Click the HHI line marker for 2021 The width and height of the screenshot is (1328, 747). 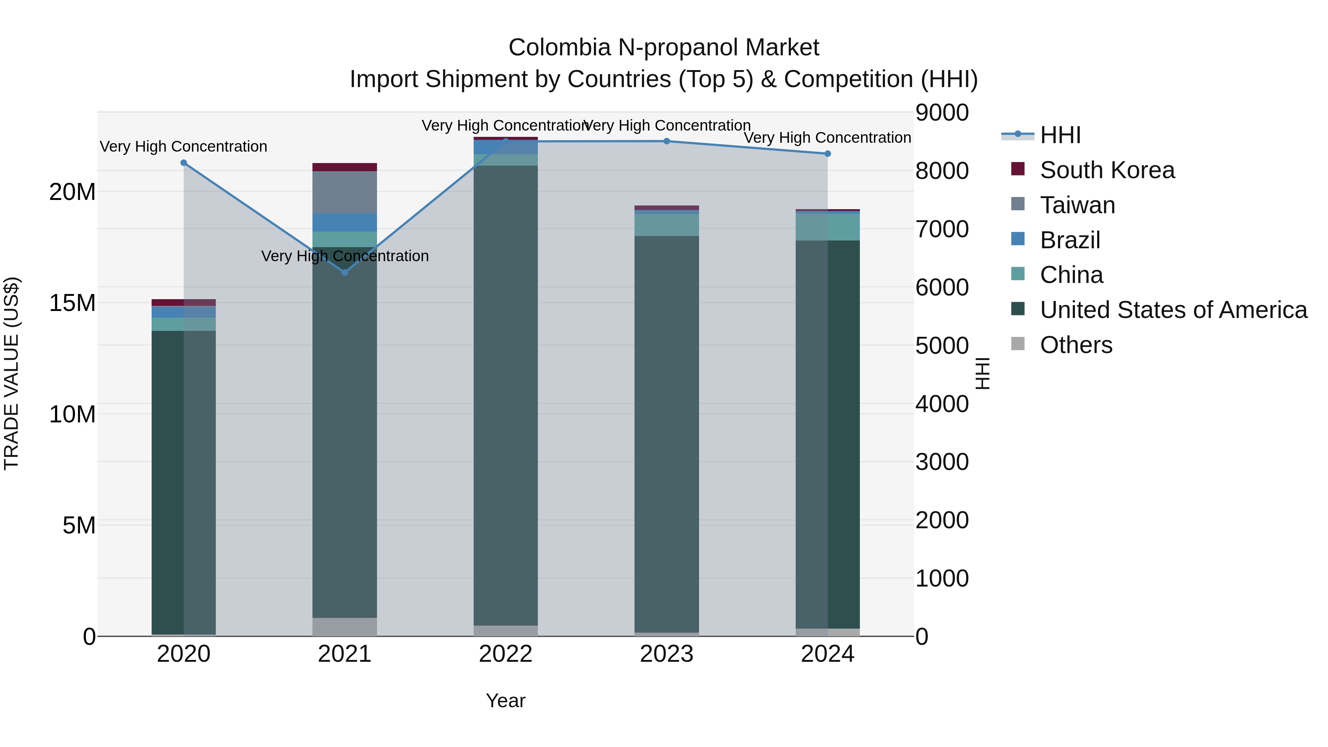[x=345, y=272]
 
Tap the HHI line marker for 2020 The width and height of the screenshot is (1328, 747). [x=184, y=163]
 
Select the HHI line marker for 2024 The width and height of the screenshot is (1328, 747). [x=827, y=153]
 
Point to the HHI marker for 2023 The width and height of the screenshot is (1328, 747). [x=667, y=141]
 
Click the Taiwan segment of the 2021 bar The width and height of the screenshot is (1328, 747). [x=345, y=192]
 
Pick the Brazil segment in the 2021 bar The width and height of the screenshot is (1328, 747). [x=345, y=222]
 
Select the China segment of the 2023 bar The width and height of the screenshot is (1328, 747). [x=667, y=225]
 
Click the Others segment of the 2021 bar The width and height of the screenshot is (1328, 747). [x=345, y=626]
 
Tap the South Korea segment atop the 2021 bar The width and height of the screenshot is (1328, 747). [x=345, y=167]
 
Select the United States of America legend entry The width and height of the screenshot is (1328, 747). [x=1173, y=310]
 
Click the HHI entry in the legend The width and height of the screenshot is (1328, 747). [x=1060, y=135]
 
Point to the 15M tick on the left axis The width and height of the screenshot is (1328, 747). [x=72, y=303]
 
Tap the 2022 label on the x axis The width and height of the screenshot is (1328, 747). [x=505, y=654]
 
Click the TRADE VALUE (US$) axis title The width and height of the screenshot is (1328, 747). [x=11, y=373]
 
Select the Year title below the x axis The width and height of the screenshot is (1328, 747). [x=505, y=701]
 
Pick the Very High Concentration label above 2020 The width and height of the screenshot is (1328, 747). [x=184, y=146]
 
